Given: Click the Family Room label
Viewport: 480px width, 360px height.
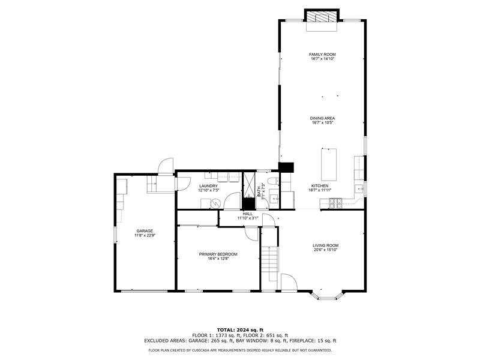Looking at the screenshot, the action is pyautogui.click(x=322, y=55).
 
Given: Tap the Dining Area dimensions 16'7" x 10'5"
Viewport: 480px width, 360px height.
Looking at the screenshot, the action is pyautogui.click(x=322, y=122).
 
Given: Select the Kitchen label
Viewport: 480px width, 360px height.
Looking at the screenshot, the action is pyautogui.click(x=320, y=186).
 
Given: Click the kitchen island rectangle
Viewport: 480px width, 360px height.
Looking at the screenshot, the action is pyautogui.click(x=329, y=164).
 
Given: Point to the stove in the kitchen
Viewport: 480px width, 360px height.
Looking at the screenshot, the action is pyautogui.click(x=335, y=202).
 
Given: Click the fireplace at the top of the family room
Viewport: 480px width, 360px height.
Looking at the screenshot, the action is pyautogui.click(x=322, y=17).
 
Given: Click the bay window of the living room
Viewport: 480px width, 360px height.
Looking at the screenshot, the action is pyautogui.click(x=327, y=295).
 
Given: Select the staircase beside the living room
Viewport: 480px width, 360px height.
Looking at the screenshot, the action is pyautogui.click(x=269, y=263).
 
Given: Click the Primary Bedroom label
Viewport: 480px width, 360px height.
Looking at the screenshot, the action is pyautogui.click(x=218, y=254).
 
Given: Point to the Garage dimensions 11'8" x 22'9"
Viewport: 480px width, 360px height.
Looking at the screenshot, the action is pyautogui.click(x=145, y=235).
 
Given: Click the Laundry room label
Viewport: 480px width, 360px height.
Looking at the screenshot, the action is pyautogui.click(x=208, y=186).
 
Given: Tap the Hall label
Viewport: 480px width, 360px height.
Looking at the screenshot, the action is pyautogui.click(x=248, y=214).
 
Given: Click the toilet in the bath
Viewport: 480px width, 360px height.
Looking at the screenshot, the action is pyautogui.click(x=273, y=181).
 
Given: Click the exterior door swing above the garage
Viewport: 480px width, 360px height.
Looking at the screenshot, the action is pyautogui.click(x=166, y=166).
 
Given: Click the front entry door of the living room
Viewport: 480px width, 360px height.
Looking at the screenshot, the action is pyautogui.click(x=289, y=281).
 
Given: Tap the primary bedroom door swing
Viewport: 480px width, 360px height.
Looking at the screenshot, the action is pyautogui.click(x=252, y=234).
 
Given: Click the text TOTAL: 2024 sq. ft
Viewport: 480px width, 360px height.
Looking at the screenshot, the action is pyautogui.click(x=241, y=329).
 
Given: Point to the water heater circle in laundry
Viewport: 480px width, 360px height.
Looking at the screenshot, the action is pyautogui.click(x=215, y=203).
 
